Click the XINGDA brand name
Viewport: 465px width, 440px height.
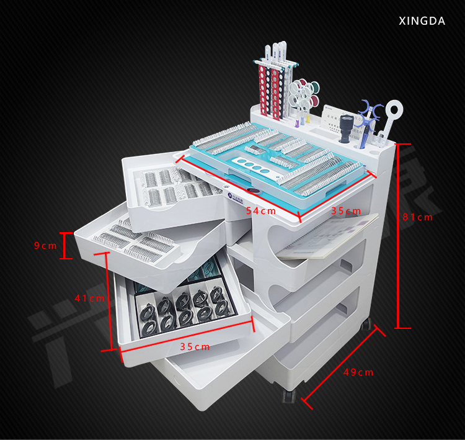click(x=422, y=21)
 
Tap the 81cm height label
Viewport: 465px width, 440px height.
click(x=417, y=217)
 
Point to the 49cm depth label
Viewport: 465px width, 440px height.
click(x=358, y=372)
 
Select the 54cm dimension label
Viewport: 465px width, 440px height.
click(x=261, y=211)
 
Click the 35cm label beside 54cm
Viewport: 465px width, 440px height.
click(x=346, y=211)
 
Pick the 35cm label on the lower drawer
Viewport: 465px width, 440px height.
click(x=195, y=347)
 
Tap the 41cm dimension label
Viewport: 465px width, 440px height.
click(x=89, y=298)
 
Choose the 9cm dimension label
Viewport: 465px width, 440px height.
click(x=45, y=246)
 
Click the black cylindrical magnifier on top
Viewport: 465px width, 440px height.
click(x=346, y=128)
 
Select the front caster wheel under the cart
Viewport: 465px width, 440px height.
click(x=289, y=396)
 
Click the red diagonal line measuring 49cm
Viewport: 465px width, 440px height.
click(x=343, y=367)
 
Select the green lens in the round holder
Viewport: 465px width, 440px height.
click(x=314, y=88)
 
